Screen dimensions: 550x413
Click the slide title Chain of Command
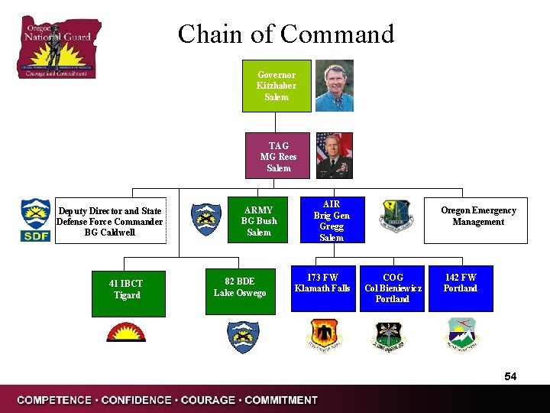point(286,34)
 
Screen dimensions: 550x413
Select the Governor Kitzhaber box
point(277,86)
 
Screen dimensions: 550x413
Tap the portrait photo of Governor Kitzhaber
point(335,86)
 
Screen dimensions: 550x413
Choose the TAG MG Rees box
point(279,156)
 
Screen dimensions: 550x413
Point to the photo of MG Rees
point(335,155)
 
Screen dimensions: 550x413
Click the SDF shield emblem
point(36,221)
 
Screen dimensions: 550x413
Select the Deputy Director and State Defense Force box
point(110,222)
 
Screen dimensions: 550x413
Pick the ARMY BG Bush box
point(259,221)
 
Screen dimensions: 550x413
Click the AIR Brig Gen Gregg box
point(332,221)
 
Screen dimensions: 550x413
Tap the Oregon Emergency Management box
point(478,216)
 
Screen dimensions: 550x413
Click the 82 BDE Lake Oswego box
point(240,288)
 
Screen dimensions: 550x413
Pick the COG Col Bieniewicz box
point(393,288)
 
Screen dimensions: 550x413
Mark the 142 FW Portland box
point(460,288)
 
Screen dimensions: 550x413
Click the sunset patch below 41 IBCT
point(126,333)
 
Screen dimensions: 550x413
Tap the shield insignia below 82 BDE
point(244,337)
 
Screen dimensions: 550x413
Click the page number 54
point(510,376)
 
